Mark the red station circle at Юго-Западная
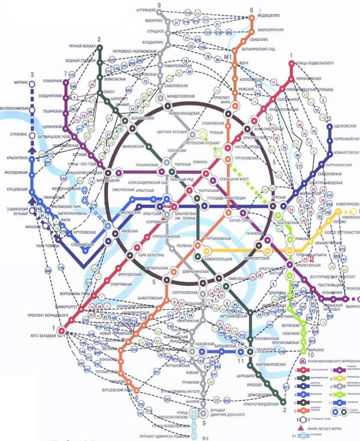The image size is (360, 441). point(61,331)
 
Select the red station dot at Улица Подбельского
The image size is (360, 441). point(292,63)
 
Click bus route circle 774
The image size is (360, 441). point(187,13)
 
